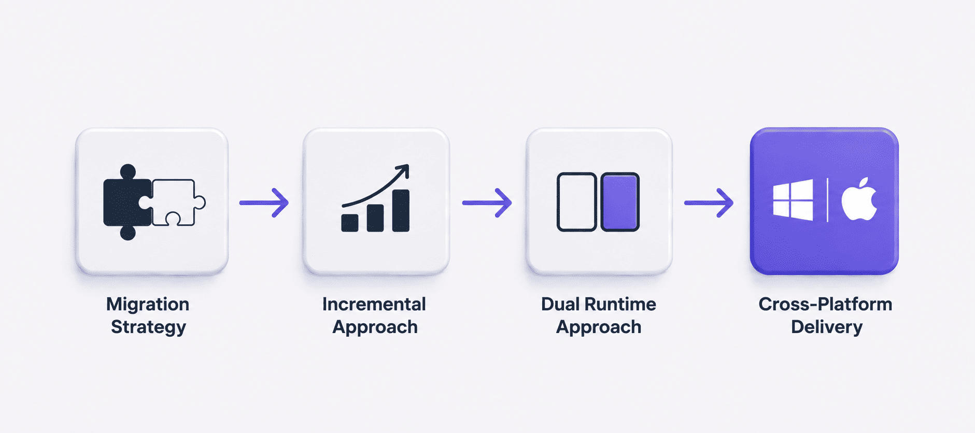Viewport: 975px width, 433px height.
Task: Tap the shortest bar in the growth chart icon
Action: (350, 223)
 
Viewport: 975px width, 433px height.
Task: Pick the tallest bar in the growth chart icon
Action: (401, 210)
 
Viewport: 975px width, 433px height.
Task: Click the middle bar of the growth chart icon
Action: (375, 218)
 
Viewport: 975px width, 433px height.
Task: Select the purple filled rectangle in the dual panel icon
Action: (620, 202)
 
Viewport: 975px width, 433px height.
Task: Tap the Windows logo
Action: (793, 200)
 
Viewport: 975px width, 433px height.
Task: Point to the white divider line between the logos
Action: (827, 200)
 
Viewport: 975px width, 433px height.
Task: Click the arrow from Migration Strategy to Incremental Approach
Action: (264, 203)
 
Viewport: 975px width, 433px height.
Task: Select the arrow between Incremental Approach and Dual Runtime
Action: (487, 203)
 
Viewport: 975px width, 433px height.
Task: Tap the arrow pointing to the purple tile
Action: (709, 203)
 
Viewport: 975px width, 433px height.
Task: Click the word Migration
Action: (148, 304)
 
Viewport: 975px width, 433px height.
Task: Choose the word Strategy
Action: (148, 327)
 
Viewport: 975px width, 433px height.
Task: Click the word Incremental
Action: (374, 304)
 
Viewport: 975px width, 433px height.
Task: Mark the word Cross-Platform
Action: (825, 304)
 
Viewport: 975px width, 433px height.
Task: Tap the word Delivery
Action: (827, 327)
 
